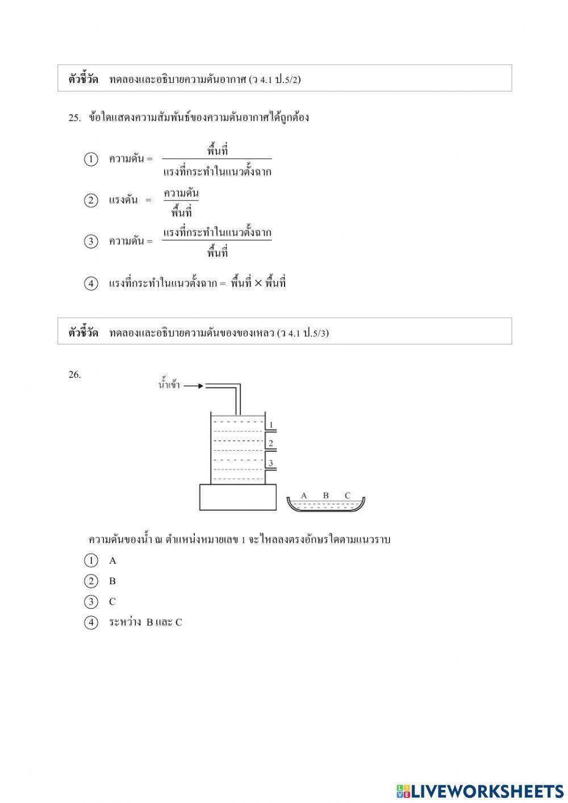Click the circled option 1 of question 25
pyautogui.click(x=91, y=159)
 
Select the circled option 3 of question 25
pyautogui.click(x=91, y=242)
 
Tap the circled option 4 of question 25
pyautogui.click(x=91, y=283)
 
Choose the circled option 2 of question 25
pyautogui.click(x=91, y=200)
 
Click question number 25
pyautogui.click(x=74, y=118)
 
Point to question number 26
pyautogui.click(x=74, y=375)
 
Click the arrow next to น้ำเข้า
pyautogui.click(x=193, y=386)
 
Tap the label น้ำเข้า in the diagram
pyautogui.click(x=169, y=385)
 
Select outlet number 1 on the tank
pyautogui.click(x=271, y=425)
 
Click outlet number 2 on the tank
pyautogui.click(x=271, y=443)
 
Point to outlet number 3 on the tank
pyautogui.click(x=271, y=463)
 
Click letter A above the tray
pyautogui.click(x=304, y=496)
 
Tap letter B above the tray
pyautogui.click(x=326, y=496)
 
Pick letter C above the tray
pyautogui.click(x=348, y=496)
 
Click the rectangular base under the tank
pyautogui.click(x=237, y=497)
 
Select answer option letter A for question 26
pyautogui.click(x=112, y=561)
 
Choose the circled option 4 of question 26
pyautogui.click(x=91, y=622)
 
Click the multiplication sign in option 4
pyautogui.click(x=258, y=283)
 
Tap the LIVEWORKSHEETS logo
pyautogui.click(x=480, y=790)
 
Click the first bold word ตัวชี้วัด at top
pyautogui.click(x=83, y=79)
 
